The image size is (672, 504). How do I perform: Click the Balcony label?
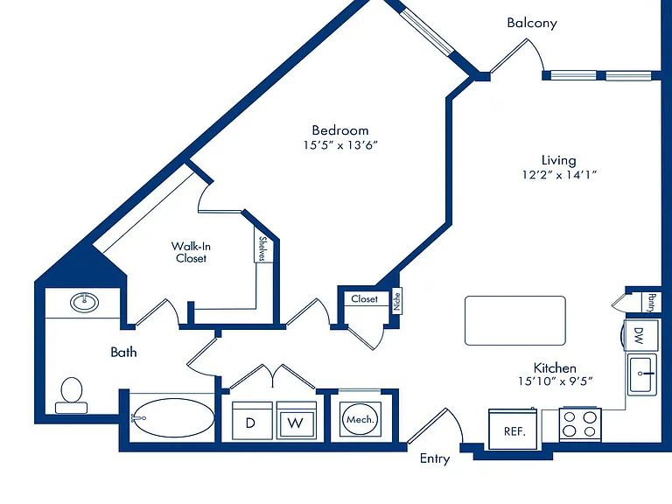point(532,23)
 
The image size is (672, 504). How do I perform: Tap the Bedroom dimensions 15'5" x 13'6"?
point(340,145)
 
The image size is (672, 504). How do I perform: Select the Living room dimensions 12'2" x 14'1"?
point(559,175)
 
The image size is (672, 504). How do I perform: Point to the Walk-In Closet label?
point(191,252)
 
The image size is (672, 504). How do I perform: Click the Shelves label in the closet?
point(263,248)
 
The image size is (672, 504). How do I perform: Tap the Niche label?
point(397,301)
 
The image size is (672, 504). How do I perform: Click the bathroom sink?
point(84,303)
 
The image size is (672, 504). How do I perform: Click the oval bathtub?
point(172,418)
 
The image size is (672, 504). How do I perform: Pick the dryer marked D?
point(252,420)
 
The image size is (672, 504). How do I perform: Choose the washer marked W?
point(297,420)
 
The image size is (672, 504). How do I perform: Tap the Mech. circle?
point(360,420)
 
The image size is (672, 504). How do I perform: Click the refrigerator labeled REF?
point(513,430)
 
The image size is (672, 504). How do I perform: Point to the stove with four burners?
point(580,423)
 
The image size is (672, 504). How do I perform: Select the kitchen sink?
point(642,374)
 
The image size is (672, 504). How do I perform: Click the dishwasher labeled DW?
point(640,335)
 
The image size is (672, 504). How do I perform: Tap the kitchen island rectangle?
point(515,320)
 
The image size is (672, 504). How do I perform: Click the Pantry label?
point(652,303)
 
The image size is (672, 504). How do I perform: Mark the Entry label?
point(435,459)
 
